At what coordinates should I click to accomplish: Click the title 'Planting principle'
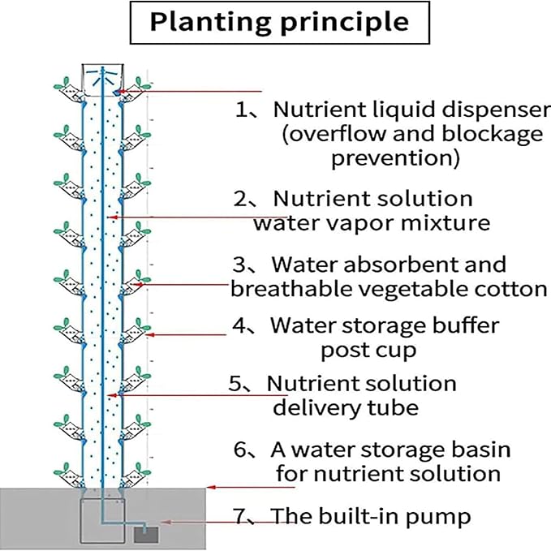pos(278,23)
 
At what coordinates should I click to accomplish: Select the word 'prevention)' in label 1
pos(395,157)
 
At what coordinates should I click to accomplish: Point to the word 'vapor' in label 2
pos(390,222)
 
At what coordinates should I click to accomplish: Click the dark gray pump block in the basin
pos(147,532)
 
